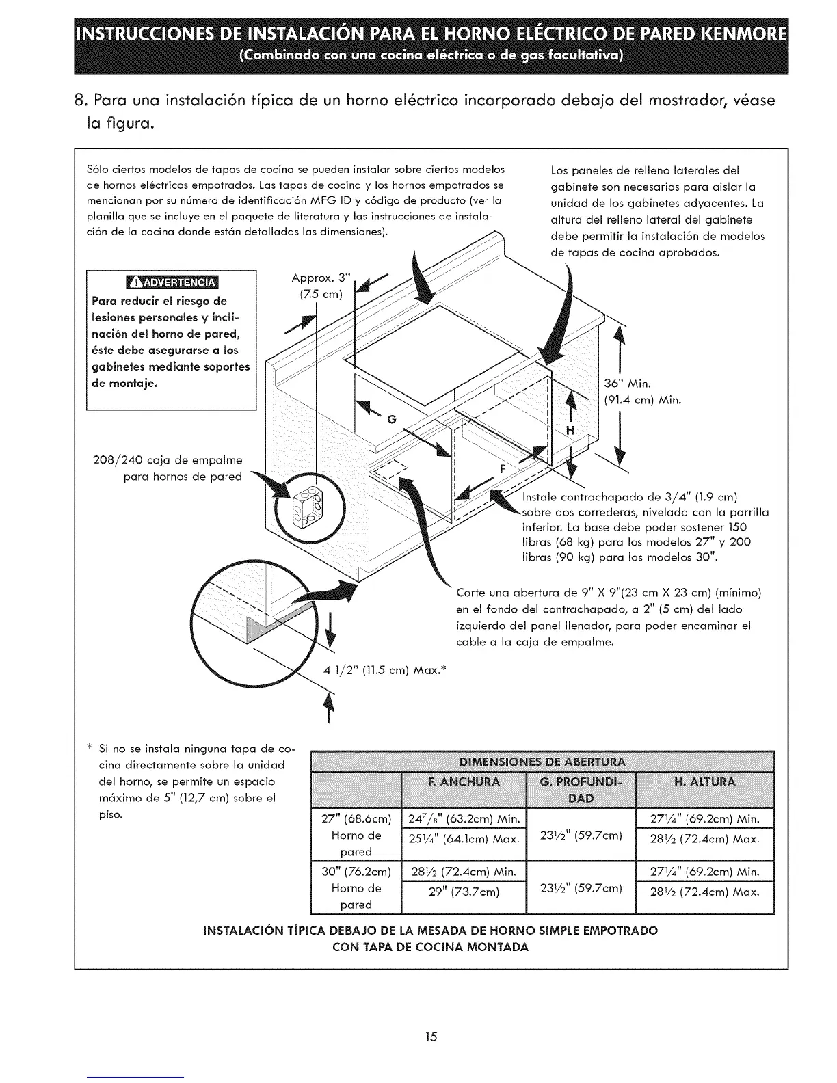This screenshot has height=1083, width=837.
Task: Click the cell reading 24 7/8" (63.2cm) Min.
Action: (464, 819)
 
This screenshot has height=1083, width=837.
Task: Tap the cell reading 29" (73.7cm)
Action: (464, 892)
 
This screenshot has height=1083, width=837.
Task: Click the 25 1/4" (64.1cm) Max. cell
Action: (464, 839)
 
